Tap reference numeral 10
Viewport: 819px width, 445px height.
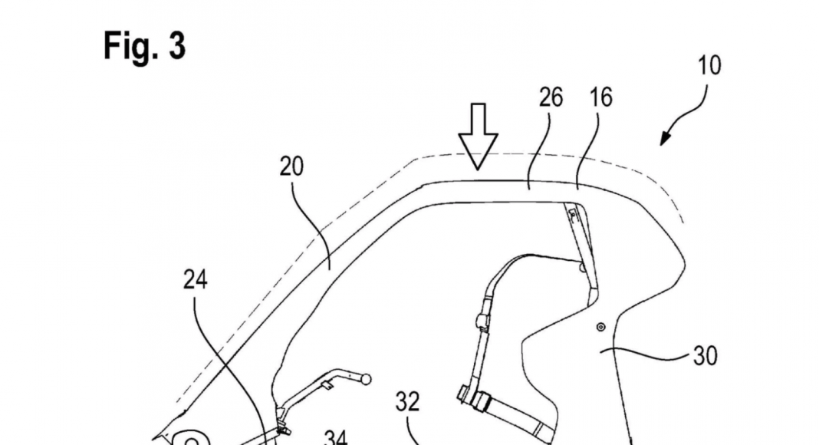tap(710, 65)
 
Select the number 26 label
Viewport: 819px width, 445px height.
tap(550, 97)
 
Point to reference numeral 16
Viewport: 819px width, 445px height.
tap(601, 97)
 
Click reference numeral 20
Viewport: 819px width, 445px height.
tap(291, 166)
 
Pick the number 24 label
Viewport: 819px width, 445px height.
tap(195, 280)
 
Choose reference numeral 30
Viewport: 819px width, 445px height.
tap(705, 355)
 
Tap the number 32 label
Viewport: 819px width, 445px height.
tap(408, 401)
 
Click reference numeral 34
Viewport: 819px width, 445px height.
tap(335, 437)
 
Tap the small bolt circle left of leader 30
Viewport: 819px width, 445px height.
tap(600, 327)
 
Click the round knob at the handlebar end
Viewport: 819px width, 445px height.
tap(366, 379)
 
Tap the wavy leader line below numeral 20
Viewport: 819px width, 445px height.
tap(314, 222)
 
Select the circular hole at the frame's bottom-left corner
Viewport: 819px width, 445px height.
tap(191, 441)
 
